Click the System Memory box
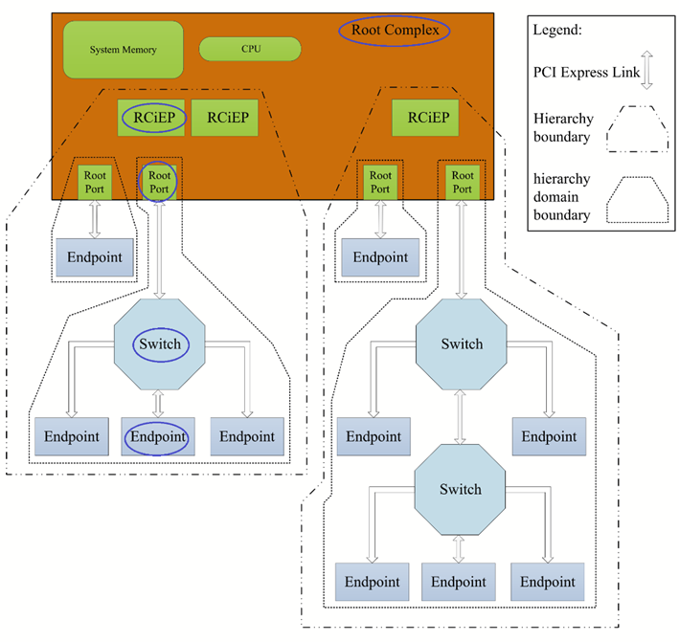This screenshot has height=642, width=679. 123,50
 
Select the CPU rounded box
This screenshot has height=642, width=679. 250,49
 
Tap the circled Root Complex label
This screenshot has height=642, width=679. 395,31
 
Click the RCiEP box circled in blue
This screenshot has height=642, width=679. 152,118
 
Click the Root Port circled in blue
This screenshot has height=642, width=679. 160,182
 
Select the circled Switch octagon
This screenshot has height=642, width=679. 159,344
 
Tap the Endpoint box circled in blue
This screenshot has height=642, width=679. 158,436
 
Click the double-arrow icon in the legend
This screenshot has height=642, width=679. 646,72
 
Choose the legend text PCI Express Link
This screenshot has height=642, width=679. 576,70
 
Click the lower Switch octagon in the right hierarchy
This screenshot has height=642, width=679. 461,490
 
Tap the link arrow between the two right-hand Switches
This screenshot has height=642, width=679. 462,416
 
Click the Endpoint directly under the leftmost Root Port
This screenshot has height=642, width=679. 94,257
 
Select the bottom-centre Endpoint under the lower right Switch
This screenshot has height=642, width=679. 459,581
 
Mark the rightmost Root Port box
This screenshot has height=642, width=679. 463,182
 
